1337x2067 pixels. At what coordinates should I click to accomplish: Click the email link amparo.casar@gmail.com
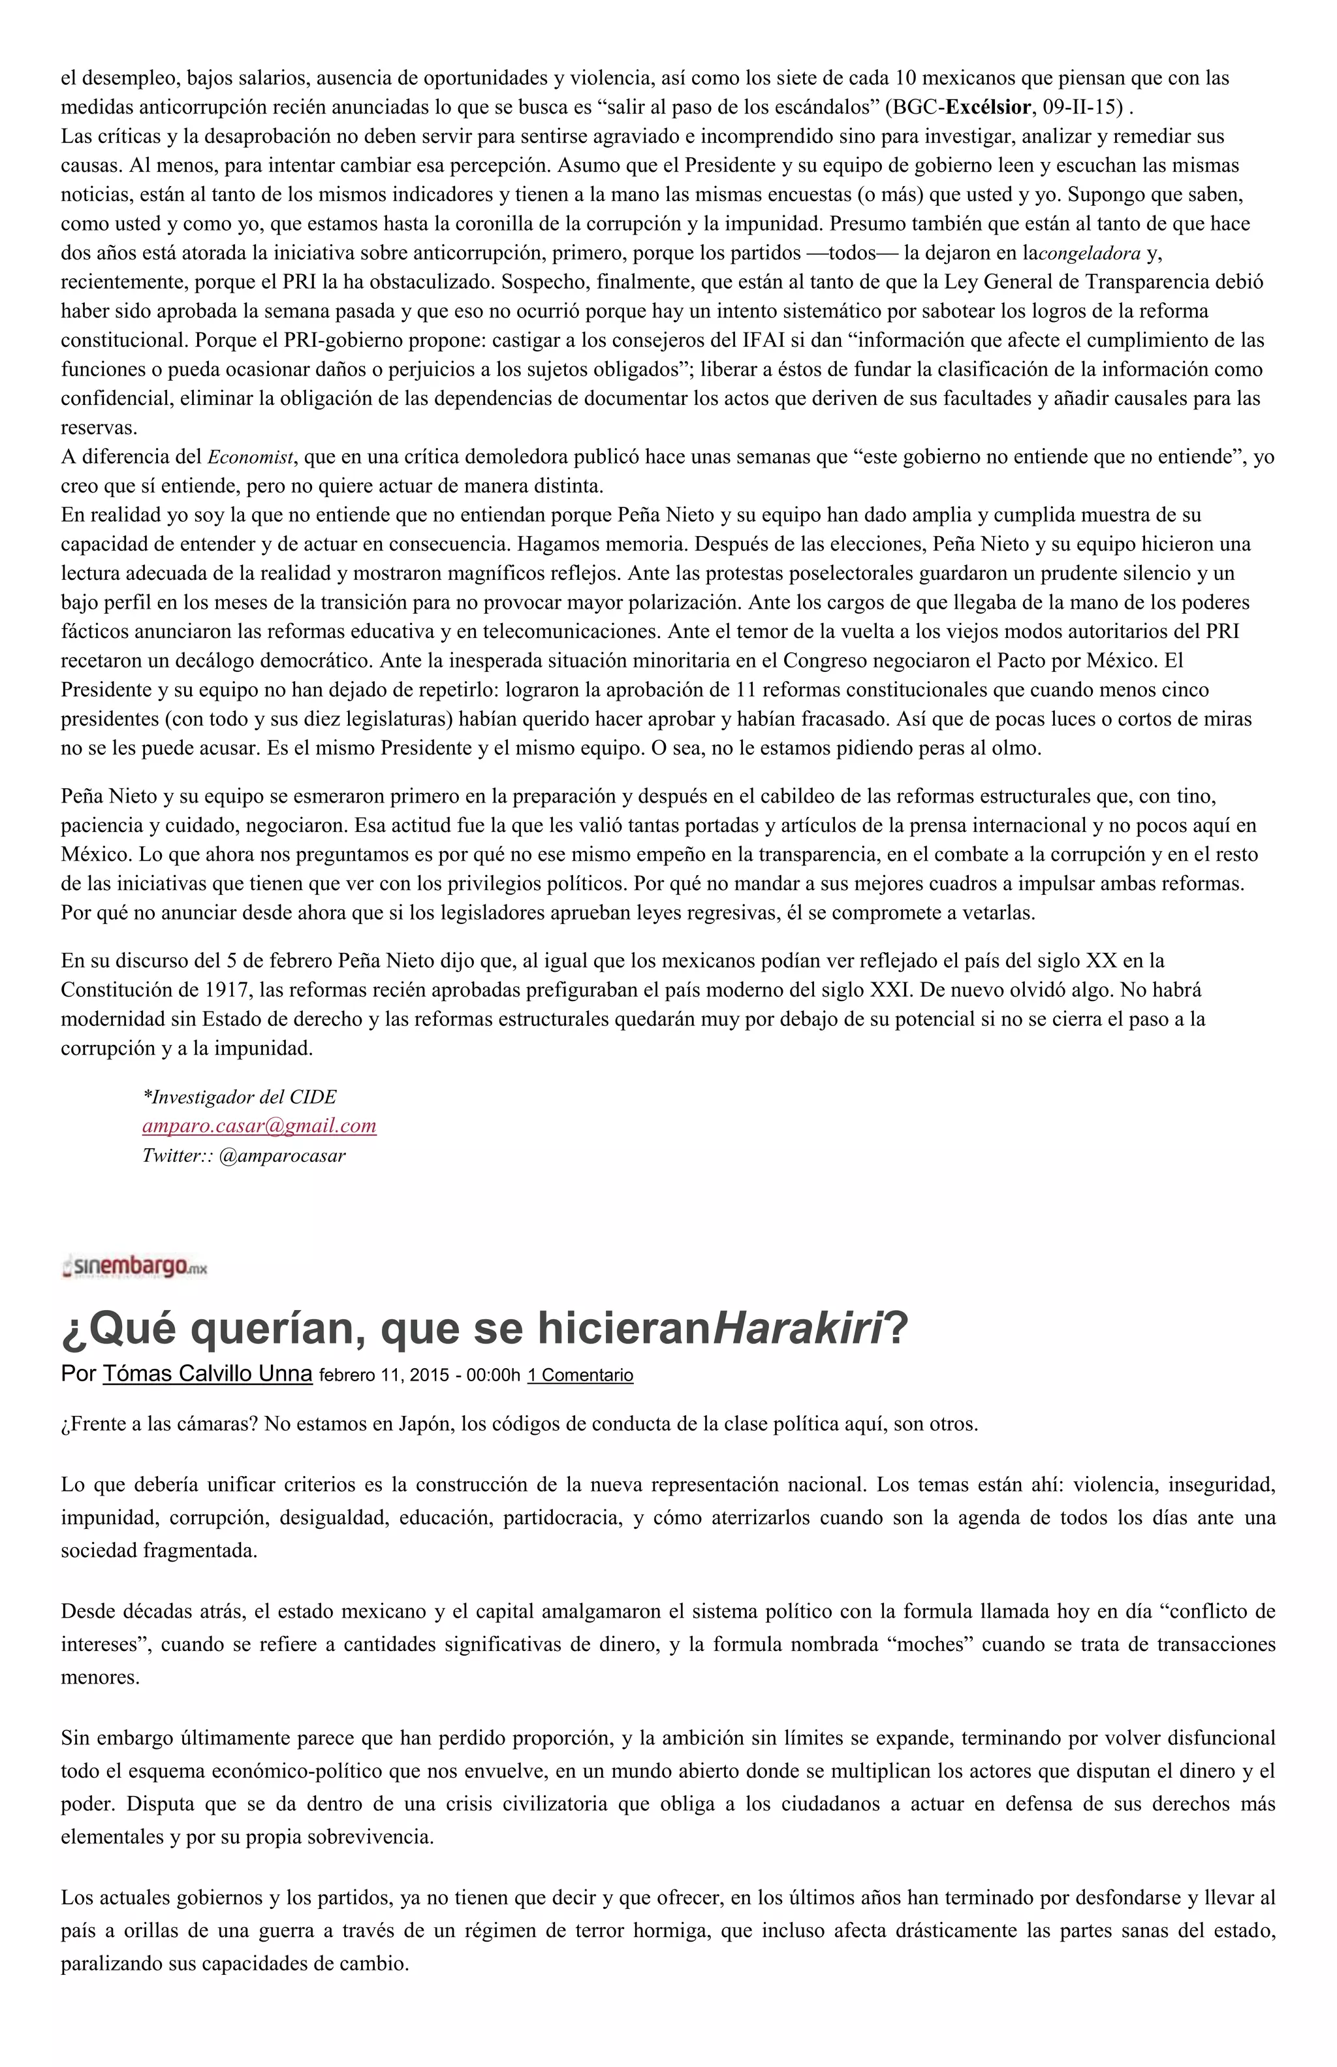click(259, 1127)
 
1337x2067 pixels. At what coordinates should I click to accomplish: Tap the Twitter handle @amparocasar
click(282, 1156)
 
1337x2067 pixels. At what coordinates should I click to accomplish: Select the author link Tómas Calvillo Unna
click(208, 1374)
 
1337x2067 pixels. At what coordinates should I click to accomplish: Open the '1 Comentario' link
click(580, 1375)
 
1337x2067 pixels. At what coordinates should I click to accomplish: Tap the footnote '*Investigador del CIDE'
click(240, 1097)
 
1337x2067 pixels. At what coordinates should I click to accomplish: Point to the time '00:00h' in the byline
click(493, 1375)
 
